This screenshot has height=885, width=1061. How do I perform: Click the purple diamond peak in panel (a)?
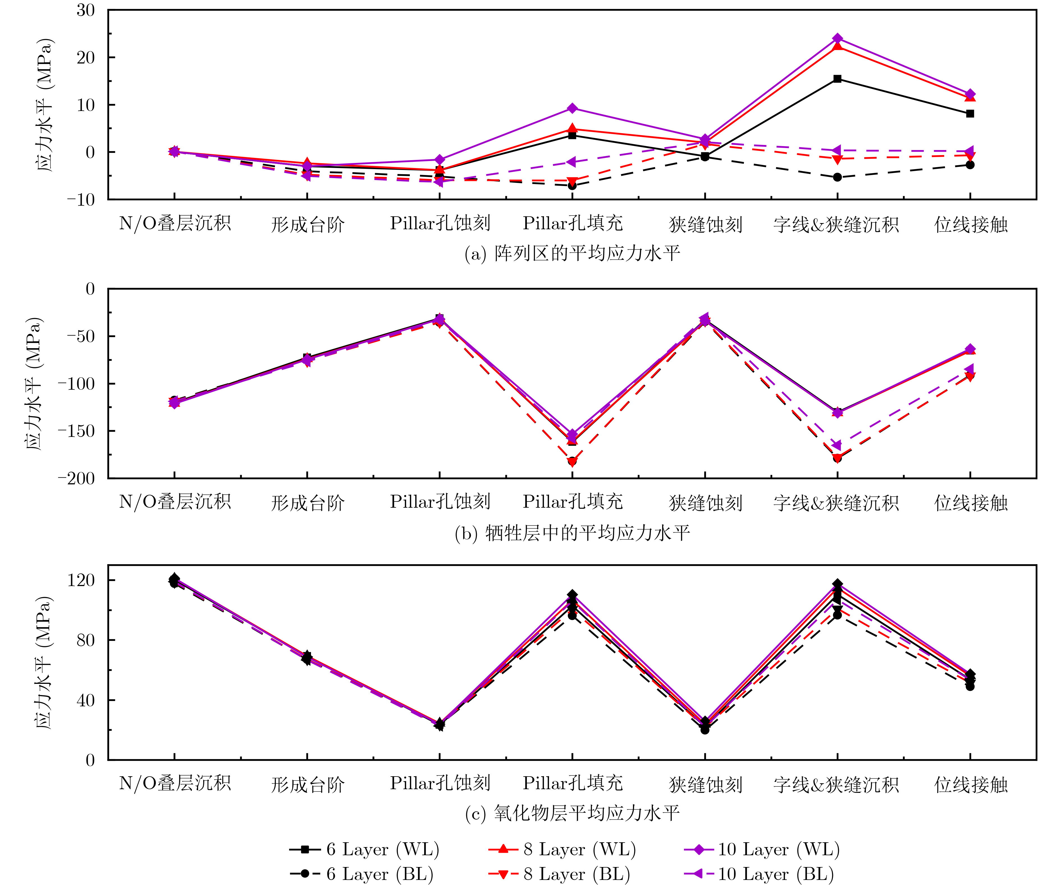coord(838,38)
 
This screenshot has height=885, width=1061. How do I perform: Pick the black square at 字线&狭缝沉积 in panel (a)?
coord(838,79)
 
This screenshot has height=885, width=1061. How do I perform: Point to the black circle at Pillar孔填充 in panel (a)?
coord(572,186)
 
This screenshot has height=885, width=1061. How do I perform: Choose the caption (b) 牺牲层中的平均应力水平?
coord(572,533)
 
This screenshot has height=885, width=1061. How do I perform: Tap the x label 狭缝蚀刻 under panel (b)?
coord(705,503)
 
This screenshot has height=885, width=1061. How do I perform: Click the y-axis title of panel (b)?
coord(34,383)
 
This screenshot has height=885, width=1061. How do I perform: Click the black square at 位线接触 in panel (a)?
coord(970,114)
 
